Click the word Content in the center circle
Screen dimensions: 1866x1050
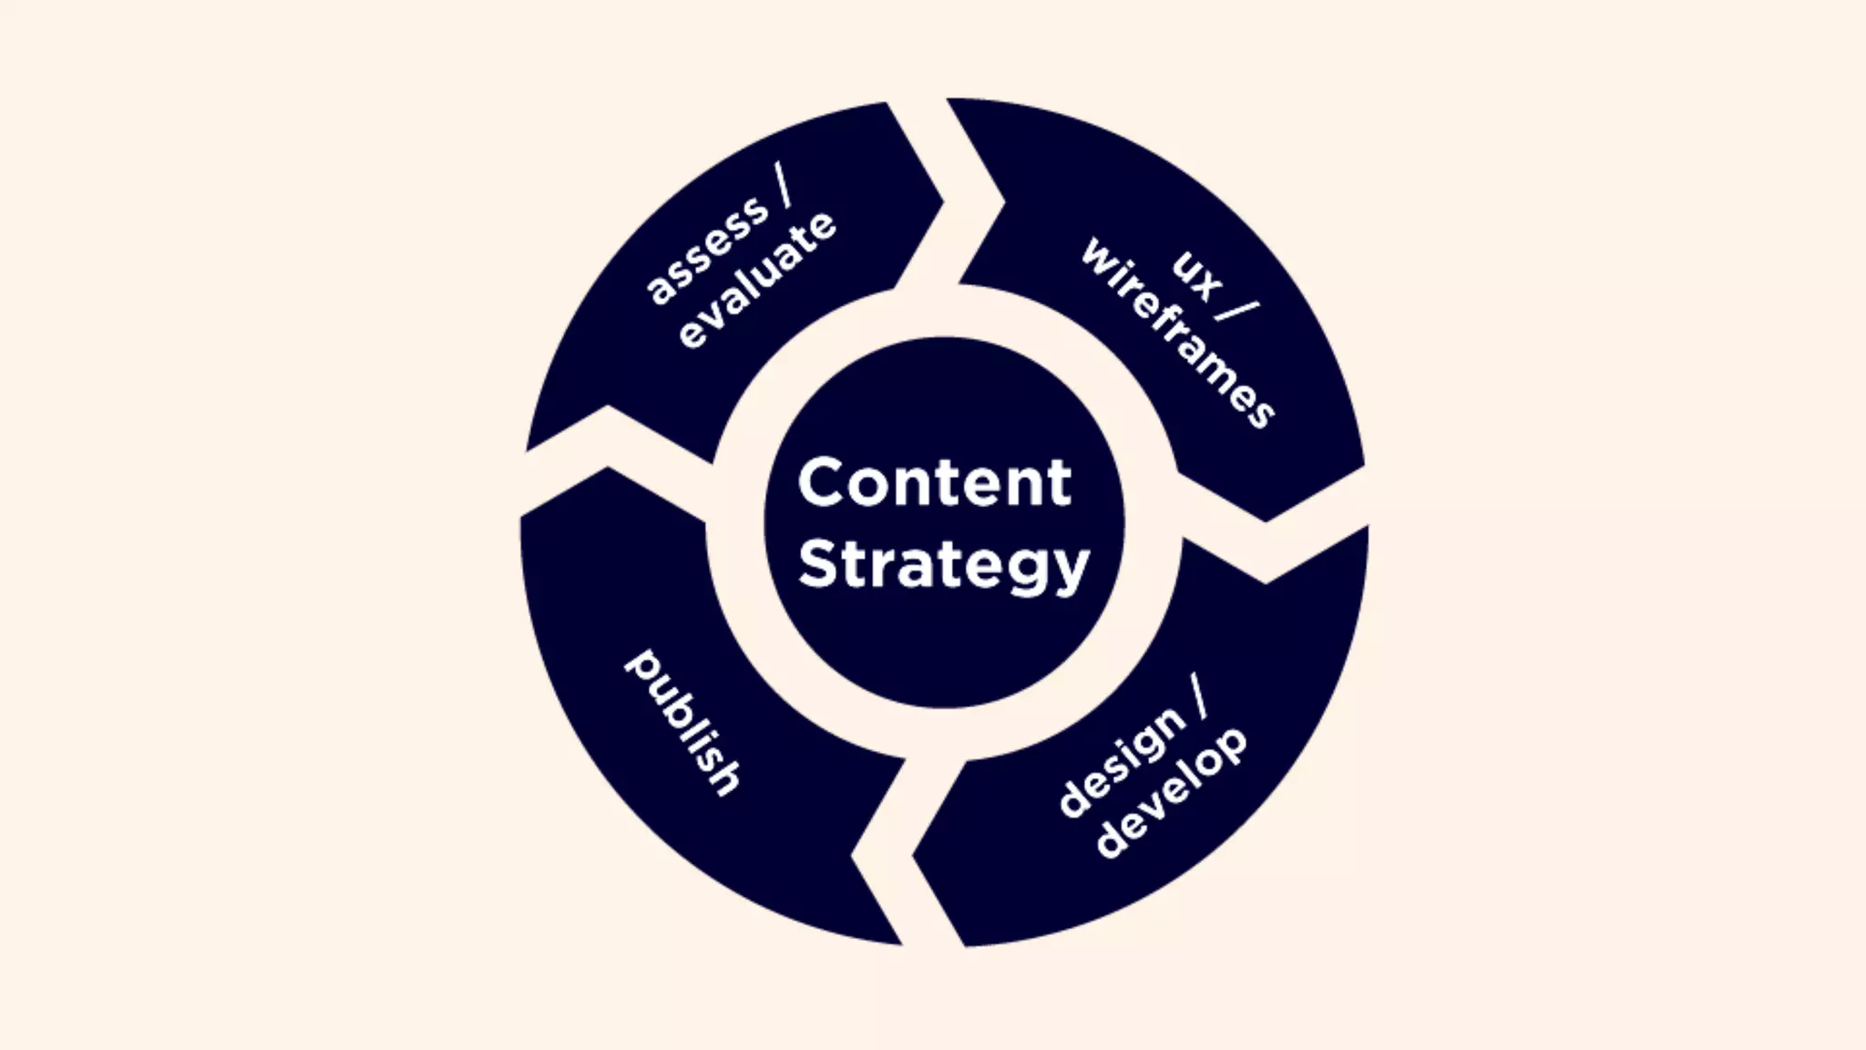[x=934, y=482]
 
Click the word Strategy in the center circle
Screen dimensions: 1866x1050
[x=943, y=565]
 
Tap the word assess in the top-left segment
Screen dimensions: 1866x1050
[x=707, y=250]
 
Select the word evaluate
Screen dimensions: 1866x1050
[x=757, y=280]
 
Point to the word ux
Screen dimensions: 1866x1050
[x=1196, y=274]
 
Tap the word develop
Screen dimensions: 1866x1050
[x=1172, y=792]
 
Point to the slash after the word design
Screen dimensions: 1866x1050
[x=1197, y=698]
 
